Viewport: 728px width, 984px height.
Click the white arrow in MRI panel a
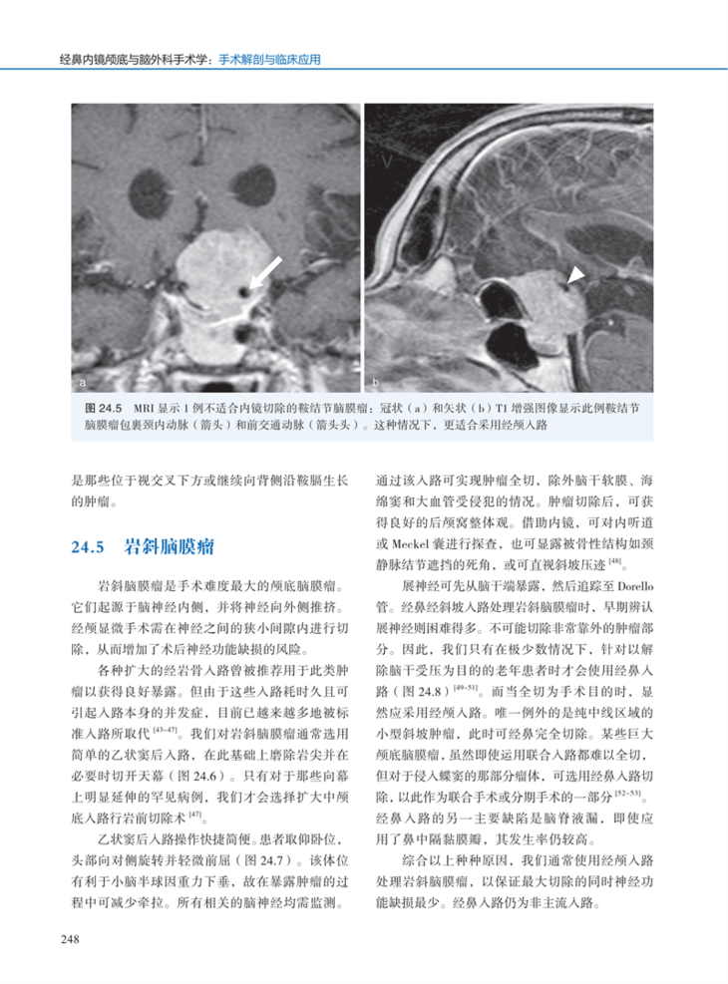coord(264,270)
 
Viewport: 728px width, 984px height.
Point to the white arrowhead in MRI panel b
coord(575,275)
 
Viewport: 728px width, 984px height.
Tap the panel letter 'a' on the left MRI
coord(84,382)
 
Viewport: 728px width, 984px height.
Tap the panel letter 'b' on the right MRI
coord(376,382)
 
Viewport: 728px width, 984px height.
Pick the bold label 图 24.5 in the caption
coord(104,409)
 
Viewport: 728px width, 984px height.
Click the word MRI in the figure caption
coord(143,409)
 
